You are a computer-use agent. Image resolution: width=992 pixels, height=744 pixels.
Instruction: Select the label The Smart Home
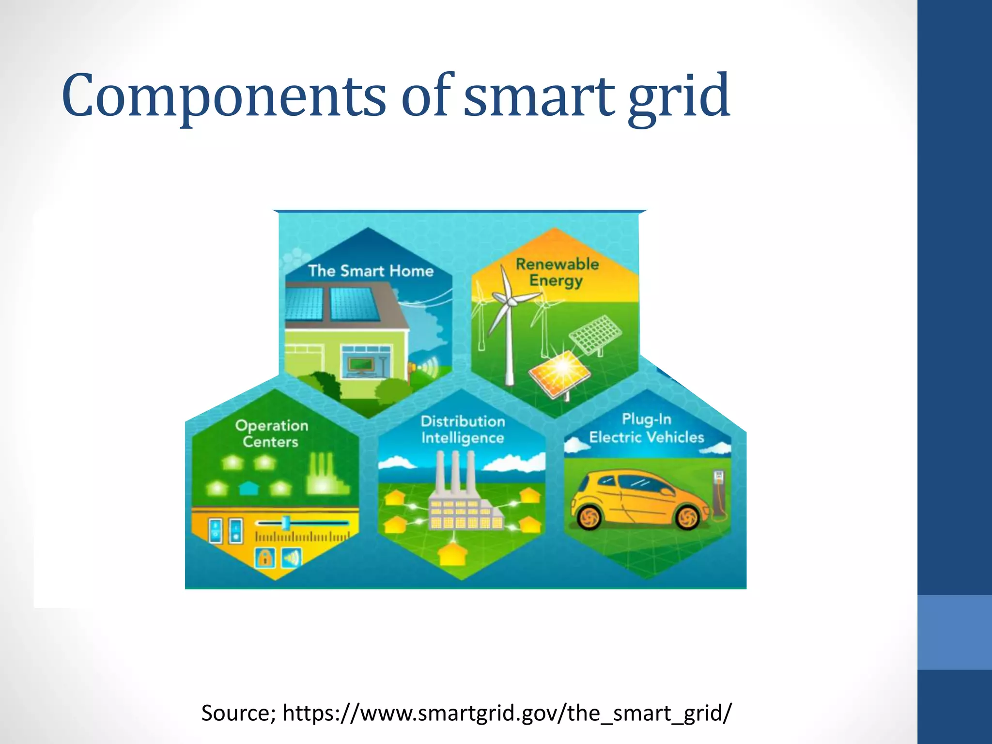coord(371,271)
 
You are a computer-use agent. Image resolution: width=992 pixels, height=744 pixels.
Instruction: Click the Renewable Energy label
coord(557,272)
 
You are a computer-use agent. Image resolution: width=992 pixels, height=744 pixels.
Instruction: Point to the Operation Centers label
coord(271,434)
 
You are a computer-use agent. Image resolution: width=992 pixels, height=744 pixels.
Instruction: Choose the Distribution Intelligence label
coord(463,430)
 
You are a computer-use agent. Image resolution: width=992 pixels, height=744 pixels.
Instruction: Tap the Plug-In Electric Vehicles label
coord(646,428)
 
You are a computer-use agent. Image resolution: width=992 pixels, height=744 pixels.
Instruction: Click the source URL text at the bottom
coord(466,713)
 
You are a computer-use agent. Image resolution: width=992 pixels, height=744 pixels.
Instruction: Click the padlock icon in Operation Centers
coord(264,558)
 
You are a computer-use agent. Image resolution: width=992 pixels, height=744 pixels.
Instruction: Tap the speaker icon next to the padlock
coord(291,558)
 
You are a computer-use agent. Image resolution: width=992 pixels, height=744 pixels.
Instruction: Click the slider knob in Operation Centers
coord(286,522)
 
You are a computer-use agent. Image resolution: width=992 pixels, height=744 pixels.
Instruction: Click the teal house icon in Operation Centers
coord(249,487)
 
